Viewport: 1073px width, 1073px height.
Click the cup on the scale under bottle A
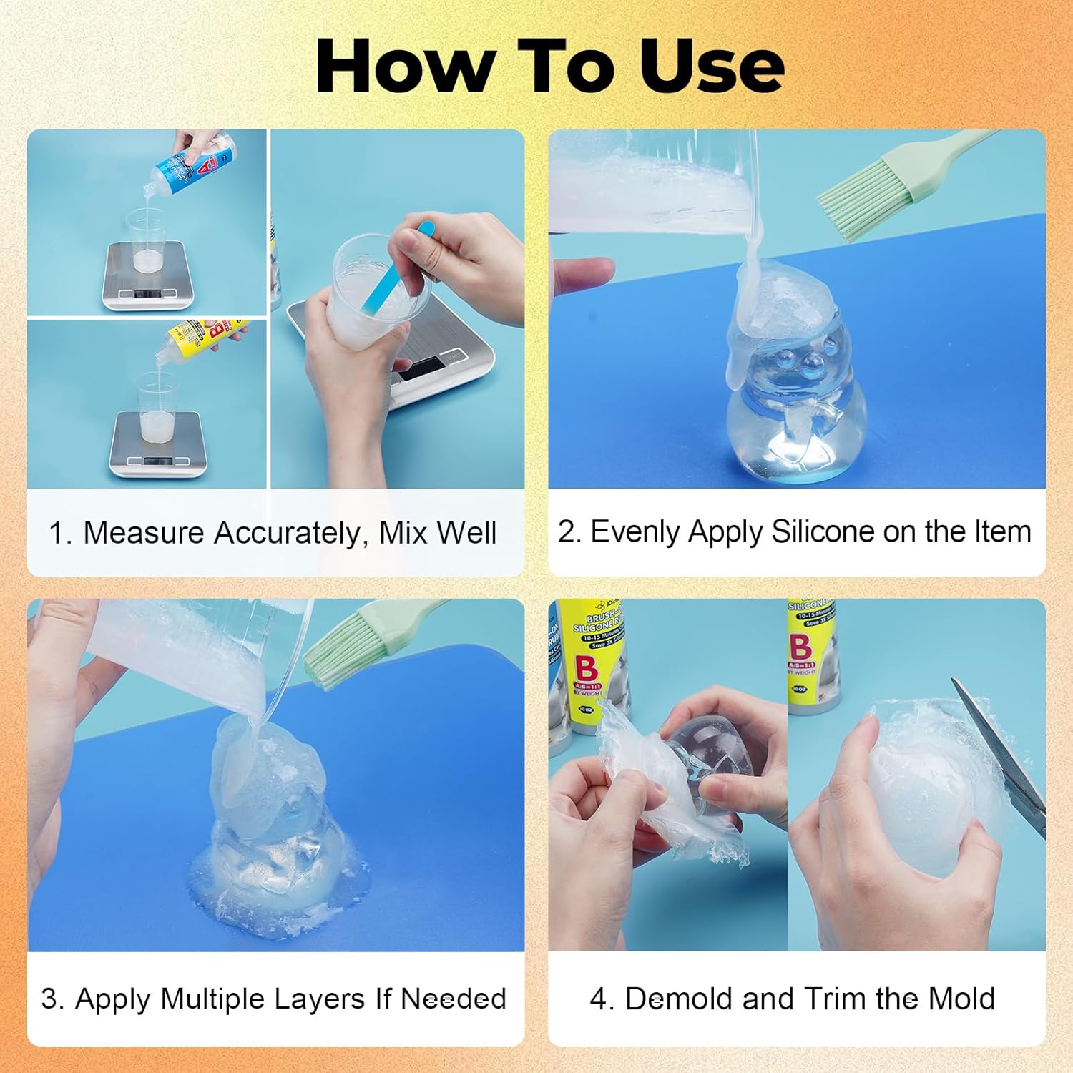click(146, 240)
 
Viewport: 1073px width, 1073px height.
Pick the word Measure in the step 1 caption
click(144, 533)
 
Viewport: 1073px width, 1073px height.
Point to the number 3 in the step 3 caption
click(49, 999)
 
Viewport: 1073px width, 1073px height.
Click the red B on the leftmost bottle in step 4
click(587, 669)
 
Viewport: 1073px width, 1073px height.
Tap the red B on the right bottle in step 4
click(800, 646)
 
